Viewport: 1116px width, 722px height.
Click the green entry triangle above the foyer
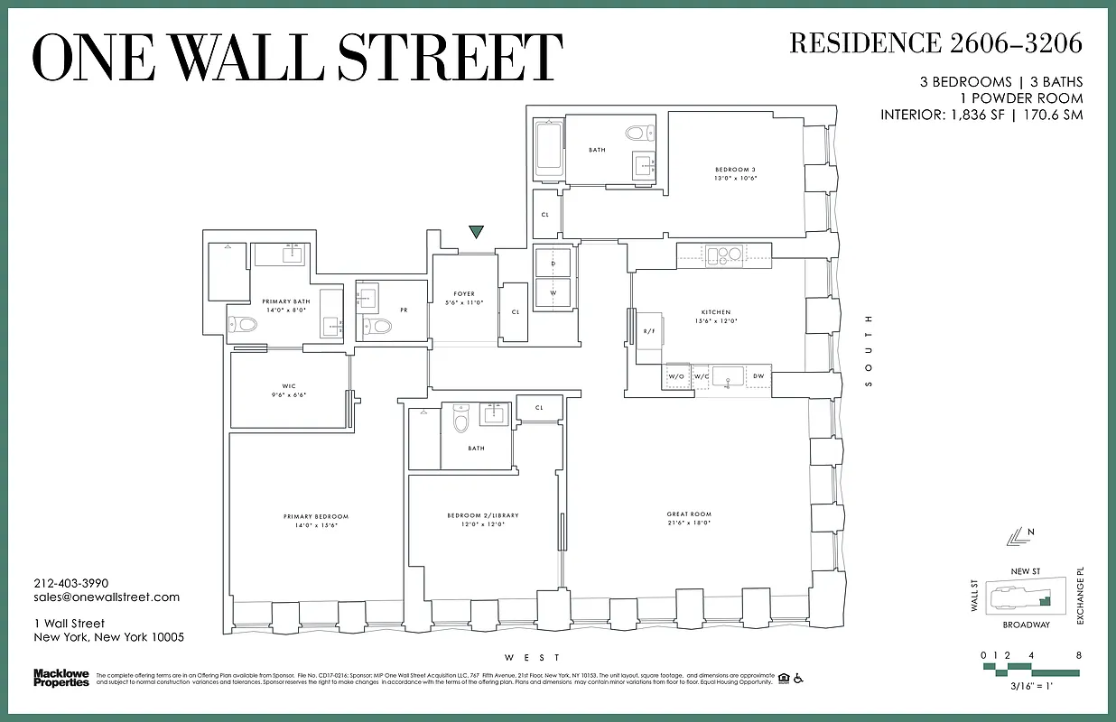pyautogui.click(x=476, y=233)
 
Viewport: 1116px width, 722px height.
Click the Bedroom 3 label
pyautogui.click(x=735, y=173)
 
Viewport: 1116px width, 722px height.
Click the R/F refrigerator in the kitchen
pyautogui.click(x=648, y=332)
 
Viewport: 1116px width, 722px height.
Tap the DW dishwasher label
pyautogui.click(x=758, y=375)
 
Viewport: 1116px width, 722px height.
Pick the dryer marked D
pyautogui.click(x=553, y=263)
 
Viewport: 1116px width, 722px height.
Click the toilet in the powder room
pyautogui.click(x=380, y=326)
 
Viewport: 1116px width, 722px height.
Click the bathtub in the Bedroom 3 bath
pyautogui.click(x=548, y=149)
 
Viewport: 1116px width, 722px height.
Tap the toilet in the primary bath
pyautogui.click(x=245, y=325)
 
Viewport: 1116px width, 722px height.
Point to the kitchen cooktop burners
pyautogui.click(x=723, y=254)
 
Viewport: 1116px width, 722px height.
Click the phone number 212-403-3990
pyautogui.click(x=70, y=583)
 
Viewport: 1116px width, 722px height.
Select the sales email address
pyautogui.click(x=107, y=597)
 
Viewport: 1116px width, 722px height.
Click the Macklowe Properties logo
pyautogui.click(x=60, y=678)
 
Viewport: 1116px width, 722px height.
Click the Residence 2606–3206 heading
pyautogui.click(x=935, y=43)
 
